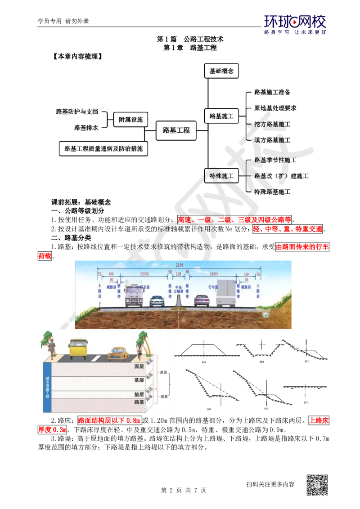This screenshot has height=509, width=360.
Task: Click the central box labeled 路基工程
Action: [176, 131]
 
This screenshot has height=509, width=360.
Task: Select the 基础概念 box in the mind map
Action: [221, 71]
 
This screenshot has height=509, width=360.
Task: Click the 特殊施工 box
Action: [221, 176]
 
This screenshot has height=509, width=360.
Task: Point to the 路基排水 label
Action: [87, 128]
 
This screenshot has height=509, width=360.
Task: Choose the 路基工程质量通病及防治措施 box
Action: [103, 148]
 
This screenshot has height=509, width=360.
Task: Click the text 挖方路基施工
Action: [272, 124]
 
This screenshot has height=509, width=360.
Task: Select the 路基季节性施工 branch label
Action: [275, 160]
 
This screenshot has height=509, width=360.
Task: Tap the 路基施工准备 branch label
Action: [272, 92]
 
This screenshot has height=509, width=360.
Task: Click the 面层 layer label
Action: [139, 366]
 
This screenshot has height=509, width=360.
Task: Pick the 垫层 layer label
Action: [139, 394]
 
